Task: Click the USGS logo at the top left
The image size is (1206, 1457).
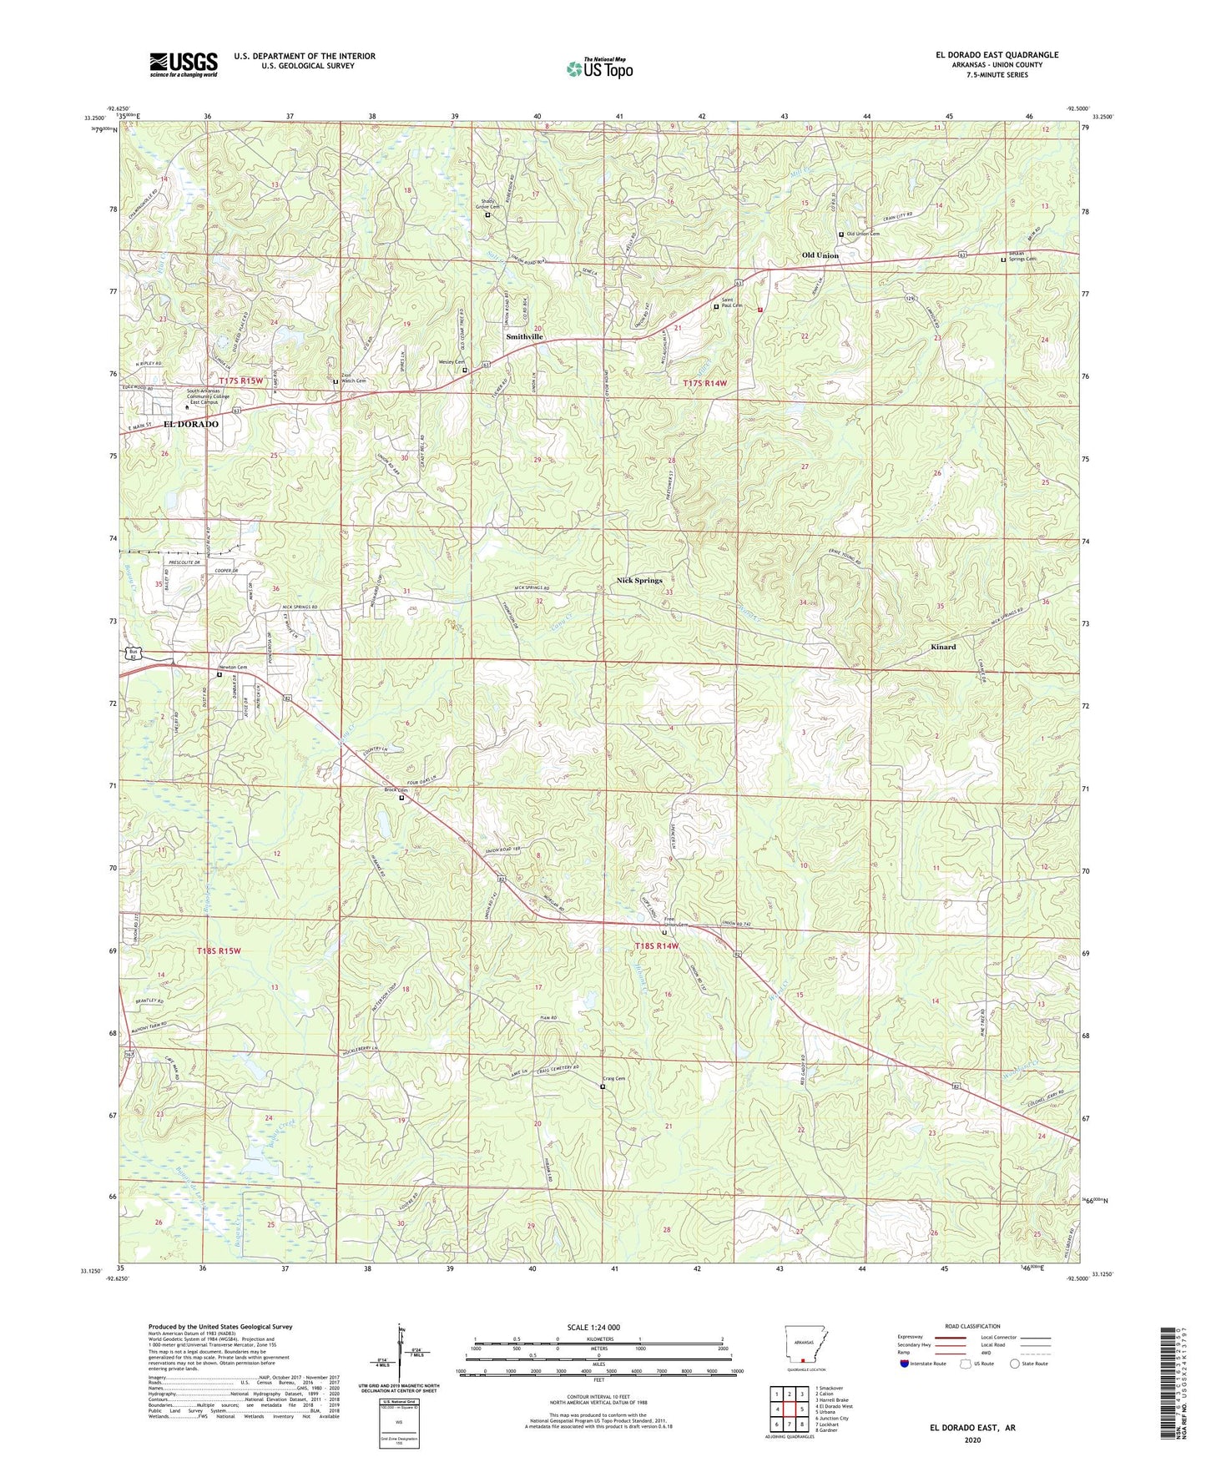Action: point(184,64)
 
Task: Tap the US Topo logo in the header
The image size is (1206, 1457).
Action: point(599,68)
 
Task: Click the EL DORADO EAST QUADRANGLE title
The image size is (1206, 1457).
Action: point(997,55)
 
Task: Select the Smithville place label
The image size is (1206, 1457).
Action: point(525,336)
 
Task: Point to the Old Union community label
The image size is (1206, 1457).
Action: point(820,255)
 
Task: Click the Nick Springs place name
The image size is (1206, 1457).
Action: point(639,580)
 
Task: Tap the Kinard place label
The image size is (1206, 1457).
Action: point(943,647)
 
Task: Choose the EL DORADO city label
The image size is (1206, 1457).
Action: point(191,424)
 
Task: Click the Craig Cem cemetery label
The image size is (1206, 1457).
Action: point(613,1079)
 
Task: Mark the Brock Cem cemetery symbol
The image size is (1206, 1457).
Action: point(401,798)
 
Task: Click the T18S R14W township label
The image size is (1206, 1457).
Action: point(657,945)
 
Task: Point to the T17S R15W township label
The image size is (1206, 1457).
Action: point(247,381)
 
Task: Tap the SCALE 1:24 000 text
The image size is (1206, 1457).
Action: point(593,1327)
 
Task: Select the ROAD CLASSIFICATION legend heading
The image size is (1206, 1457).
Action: point(972,1326)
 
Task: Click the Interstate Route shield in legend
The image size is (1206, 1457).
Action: point(906,1364)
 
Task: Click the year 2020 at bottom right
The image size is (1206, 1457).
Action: point(972,1439)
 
